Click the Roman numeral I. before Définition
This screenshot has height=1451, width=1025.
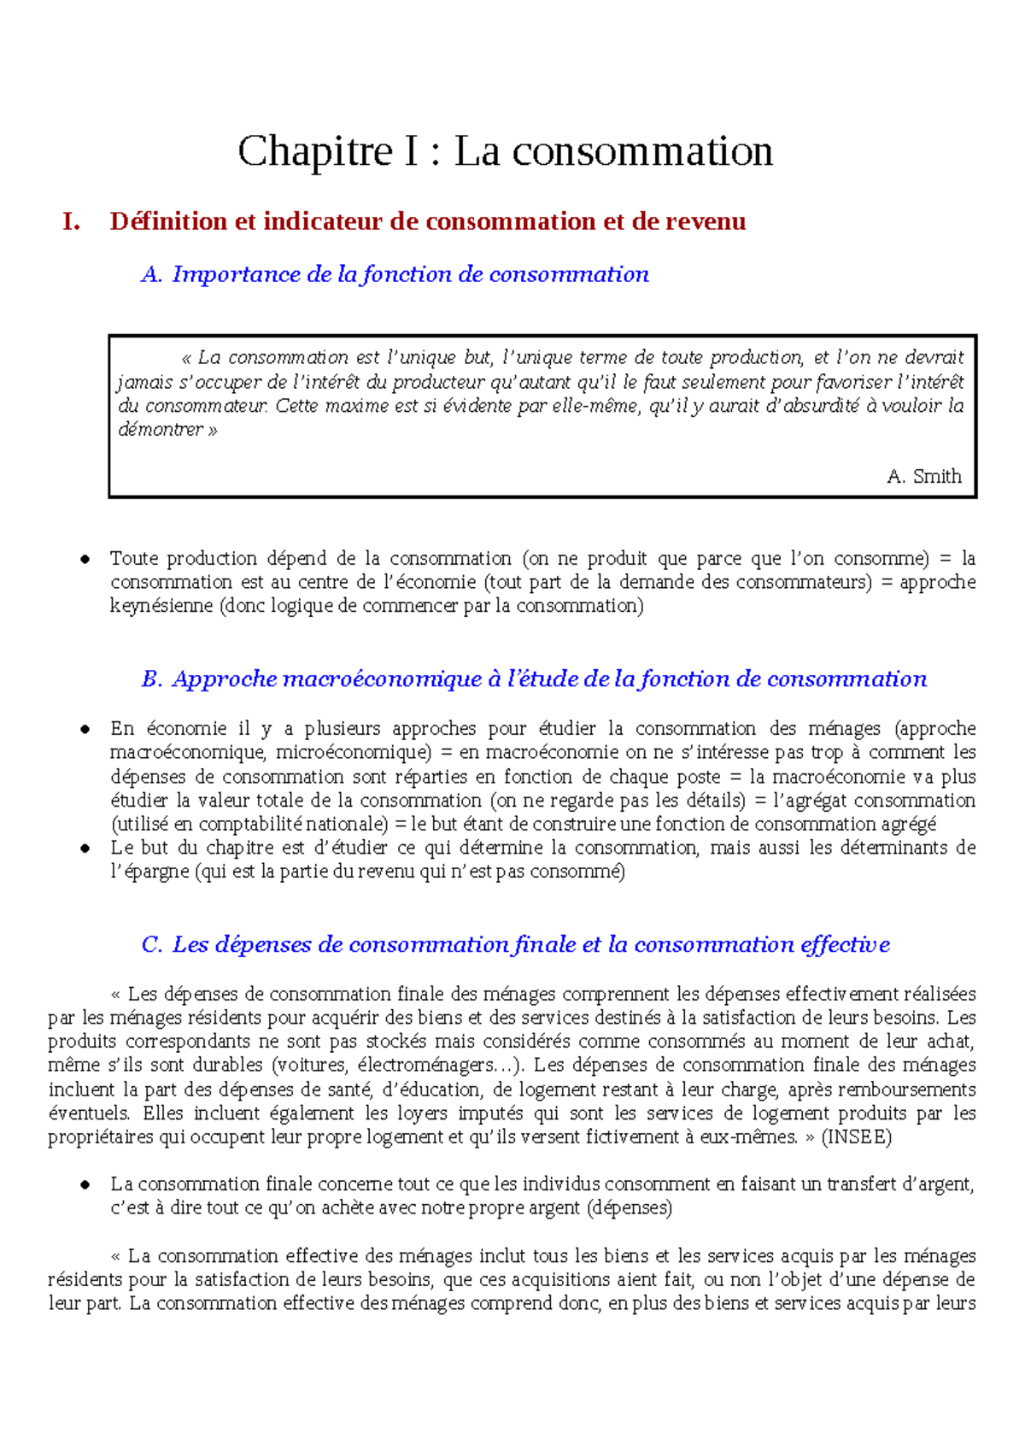pyautogui.click(x=72, y=222)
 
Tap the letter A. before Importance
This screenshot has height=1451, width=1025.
pyautogui.click(x=151, y=275)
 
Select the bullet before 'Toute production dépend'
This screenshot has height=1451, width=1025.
pyautogui.click(x=85, y=560)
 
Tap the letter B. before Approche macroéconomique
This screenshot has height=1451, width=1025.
pyautogui.click(x=151, y=680)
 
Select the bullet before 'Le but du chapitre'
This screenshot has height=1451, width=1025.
pyautogui.click(x=85, y=849)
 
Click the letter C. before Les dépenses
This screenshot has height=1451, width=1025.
pyautogui.click(x=151, y=945)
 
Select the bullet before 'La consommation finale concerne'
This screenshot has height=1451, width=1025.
pyautogui.click(x=85, y=1185)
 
